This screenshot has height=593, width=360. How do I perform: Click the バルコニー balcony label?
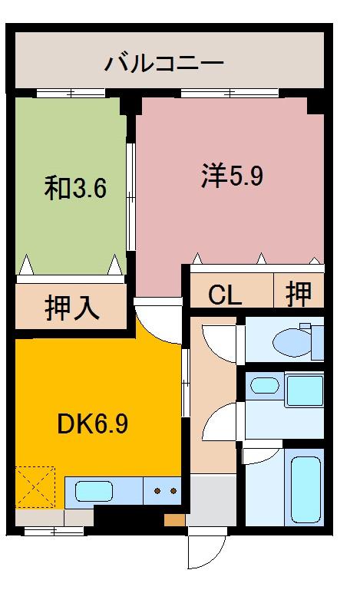pyautogui.click(x=164, y=62)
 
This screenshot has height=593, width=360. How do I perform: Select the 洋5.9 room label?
pyautogui.click(x=233, y=176)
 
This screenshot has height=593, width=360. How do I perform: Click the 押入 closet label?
pyautogui.click(x=71, y=308)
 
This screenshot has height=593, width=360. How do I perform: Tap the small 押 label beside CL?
pyautogui.click(x=299, y=293)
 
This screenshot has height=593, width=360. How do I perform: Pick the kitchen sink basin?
pyautogui.click(x=94, y=491)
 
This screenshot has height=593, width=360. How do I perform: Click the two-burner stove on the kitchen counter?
pyautogui.click(x=163, y=490)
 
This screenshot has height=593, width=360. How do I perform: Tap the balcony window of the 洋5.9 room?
pyautogui.click(x=230, y=94)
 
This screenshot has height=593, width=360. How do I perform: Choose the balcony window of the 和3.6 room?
pyautogui.click(x=71, y=94)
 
